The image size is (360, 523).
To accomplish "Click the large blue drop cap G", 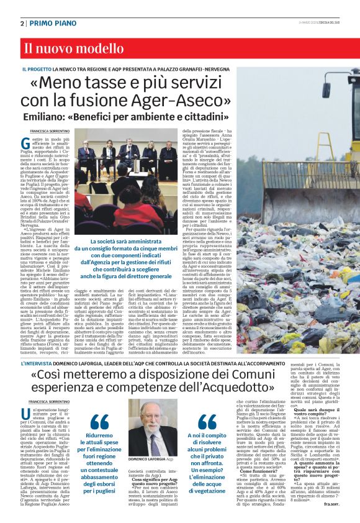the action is click(25, 144).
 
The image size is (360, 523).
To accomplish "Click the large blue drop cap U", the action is click(25, 416).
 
